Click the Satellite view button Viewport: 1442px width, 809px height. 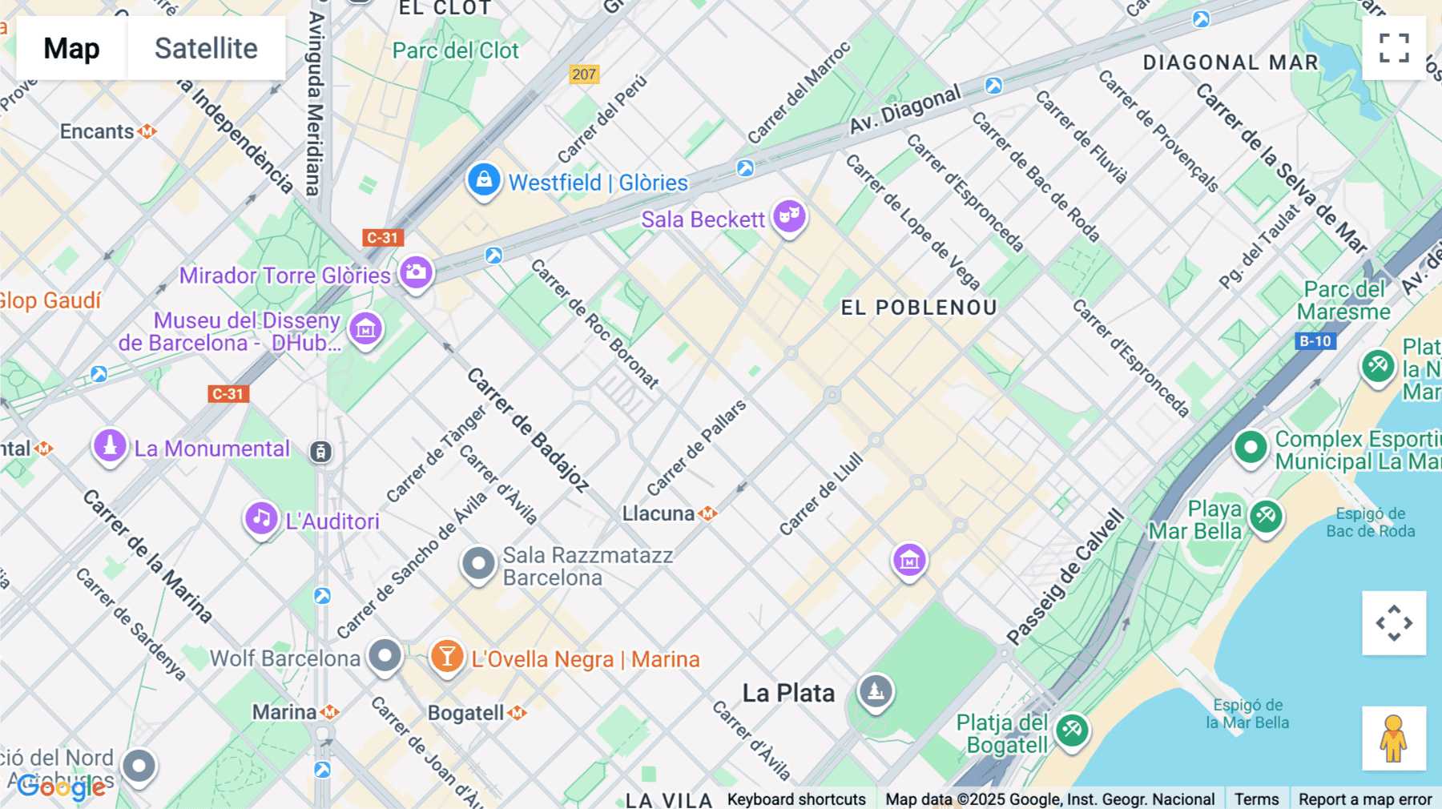click(x=206, y=48)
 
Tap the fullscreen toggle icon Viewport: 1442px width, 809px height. click(x=1394, y=48)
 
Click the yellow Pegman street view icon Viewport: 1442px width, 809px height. click(x=1394, y=738)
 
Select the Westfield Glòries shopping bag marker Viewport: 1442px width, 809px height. click(x=484, y=180)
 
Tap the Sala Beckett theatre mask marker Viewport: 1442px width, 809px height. click(x=789, y=216)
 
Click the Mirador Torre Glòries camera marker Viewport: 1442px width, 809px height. click(x=416, y=272)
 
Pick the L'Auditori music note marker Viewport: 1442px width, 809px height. click(x=261, y=519)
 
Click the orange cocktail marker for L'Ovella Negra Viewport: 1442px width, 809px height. click(x=447, y=657)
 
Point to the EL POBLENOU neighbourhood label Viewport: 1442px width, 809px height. click(x=919, y=308)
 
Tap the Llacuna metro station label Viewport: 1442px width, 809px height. click(x=659, y=513)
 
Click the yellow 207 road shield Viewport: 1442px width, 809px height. click(x=584, y=74)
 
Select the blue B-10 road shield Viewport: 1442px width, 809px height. click(x=1315, y=341)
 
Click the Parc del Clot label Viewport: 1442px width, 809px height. click(x=455, y=50)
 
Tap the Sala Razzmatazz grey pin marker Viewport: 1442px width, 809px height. click(x=478, y=563)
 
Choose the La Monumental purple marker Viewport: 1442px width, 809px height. click(x=111, y=445)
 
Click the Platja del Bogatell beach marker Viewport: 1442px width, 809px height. click(x=1072, y=730)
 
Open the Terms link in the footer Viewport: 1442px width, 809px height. click(x=1256, y=799)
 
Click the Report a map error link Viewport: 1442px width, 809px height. click(x=1365, y=799)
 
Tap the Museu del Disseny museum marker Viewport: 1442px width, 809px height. click(x=366, y=328)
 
